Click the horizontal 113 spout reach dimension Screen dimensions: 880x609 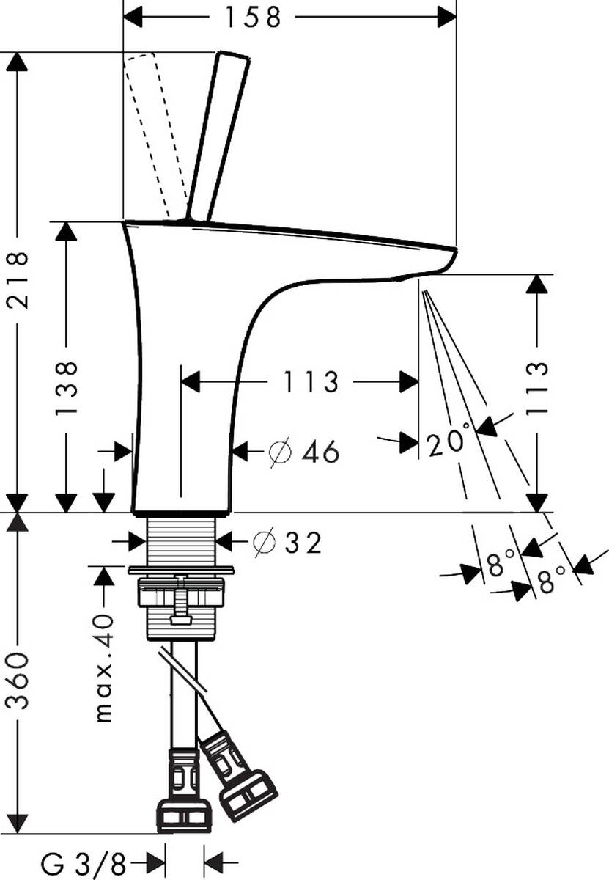(x=311, y=381)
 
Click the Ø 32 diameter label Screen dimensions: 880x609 (x=287, y=543)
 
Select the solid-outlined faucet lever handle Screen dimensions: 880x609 (x=218, y=136)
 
